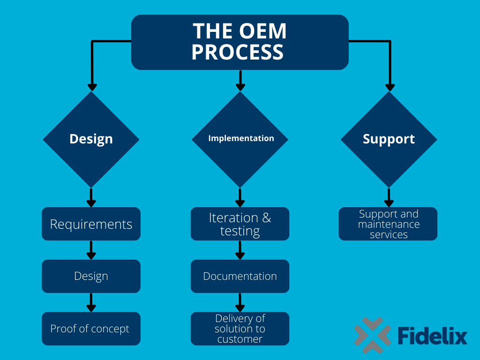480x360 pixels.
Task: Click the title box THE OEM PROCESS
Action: tap(240, 42)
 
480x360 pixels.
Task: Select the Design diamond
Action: tap(91, 139)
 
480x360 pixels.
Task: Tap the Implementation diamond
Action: tap(240, 139)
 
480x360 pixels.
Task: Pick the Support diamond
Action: tap(389, 139)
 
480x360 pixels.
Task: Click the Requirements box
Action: tap(91, 224)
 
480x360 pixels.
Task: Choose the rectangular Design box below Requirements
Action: tap(91, 276)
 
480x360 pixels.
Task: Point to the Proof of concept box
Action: tap(91, 329)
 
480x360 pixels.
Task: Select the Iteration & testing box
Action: tap(240, 224)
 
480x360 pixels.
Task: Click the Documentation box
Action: tap(240, 276)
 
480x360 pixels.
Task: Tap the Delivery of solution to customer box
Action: tap(240, 329)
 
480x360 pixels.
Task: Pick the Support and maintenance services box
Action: tap(388, 224)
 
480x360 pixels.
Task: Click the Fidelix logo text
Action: tap(433, 336)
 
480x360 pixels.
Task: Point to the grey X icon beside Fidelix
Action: tap(373, 335)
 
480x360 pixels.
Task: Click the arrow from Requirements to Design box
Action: tap(91, 250)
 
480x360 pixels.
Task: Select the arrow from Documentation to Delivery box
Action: tap(240, 302)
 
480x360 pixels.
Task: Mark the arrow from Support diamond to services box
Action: tap(389, 197)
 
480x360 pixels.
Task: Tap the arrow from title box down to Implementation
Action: tap(240, 81)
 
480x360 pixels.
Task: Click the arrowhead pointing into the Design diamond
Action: tap(92, 87)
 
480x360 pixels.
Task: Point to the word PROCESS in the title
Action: tap(238, 52)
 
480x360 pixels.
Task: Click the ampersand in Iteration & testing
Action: tap(267, 218)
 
